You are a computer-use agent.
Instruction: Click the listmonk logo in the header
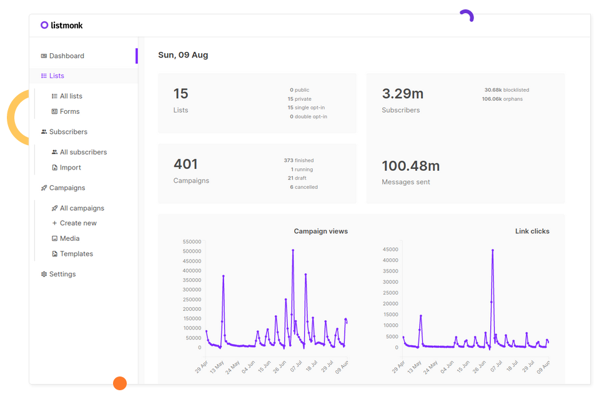(x=62, y=25)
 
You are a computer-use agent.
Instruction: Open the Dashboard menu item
(x=66, y=56)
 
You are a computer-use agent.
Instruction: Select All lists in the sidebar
(x=71, y=96)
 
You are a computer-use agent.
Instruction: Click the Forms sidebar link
(x=69, y=111)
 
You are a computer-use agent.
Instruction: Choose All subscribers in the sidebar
(x=83, y=152)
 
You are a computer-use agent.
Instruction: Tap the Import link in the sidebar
(x=70, y=168)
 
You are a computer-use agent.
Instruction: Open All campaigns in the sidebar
(x=82, y=208)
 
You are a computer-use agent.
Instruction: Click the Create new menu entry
(x=78, y=223)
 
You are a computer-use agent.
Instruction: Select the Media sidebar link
(x=69, y=238)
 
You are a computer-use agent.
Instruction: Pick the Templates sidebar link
(x=76, y=254)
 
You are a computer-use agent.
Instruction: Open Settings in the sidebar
(x=62, y=274)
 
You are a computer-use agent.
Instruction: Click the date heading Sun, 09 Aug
(x=183, y=55)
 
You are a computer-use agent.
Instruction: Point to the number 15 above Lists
(x=180, y=94)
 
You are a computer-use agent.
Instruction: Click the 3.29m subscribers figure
(x=402, y=94)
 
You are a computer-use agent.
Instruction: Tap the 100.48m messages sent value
(x=410, y=166)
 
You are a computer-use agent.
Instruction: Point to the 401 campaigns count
(x=185, y=164)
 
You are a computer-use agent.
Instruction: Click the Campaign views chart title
(x=320, y=231)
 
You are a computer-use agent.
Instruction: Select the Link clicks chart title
(x=532, y=231)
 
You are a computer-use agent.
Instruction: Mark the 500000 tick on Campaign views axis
(x=192, y=251)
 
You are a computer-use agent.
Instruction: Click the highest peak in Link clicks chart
(x=493, y=250)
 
